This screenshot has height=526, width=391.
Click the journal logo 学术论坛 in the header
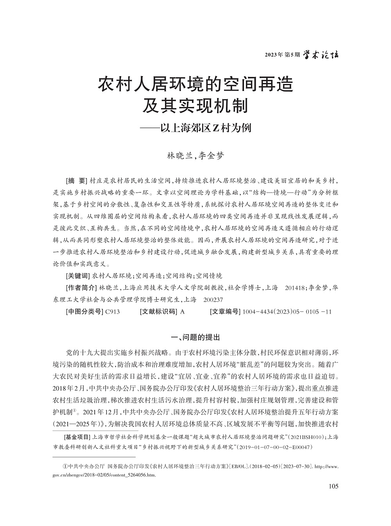click(x=321, y=55)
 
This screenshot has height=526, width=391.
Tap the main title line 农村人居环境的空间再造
click(x=195, y=84)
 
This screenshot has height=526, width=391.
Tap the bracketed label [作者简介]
click(x=81, y=288)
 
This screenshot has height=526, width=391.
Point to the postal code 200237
click(x=214, y=300)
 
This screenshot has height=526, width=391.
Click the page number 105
click(x=334, y=486)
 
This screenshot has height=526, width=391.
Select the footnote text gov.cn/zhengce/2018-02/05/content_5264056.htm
click(x=104, y=475)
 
